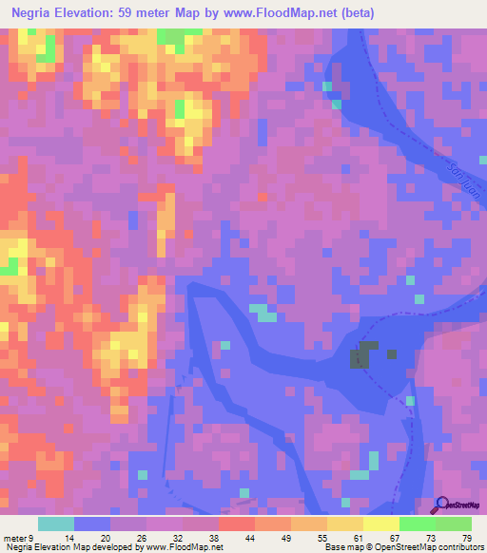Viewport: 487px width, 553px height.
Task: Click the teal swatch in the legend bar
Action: tap(56, 524)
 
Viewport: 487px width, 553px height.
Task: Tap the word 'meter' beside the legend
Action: tap(15, 537)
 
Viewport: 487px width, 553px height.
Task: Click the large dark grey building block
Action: tap(360, 356)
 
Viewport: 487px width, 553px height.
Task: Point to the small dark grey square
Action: tap(392, 354)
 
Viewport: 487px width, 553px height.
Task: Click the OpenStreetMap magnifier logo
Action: tap(439, 505)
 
